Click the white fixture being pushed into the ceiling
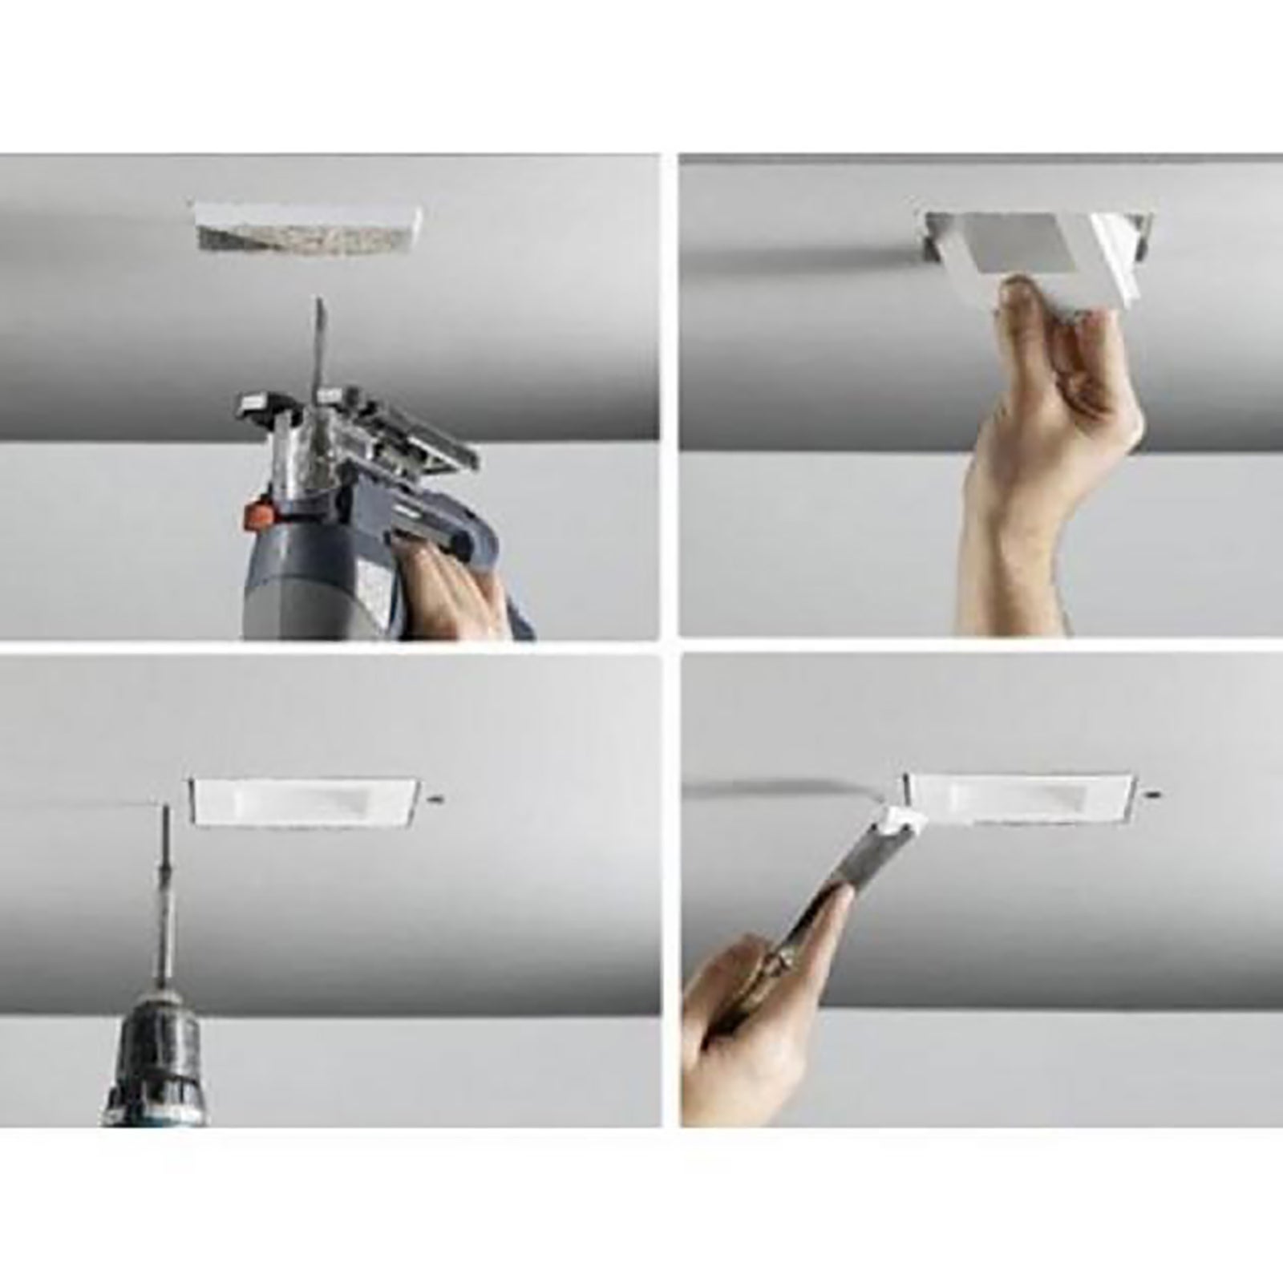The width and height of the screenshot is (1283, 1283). tap(1042, 241)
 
